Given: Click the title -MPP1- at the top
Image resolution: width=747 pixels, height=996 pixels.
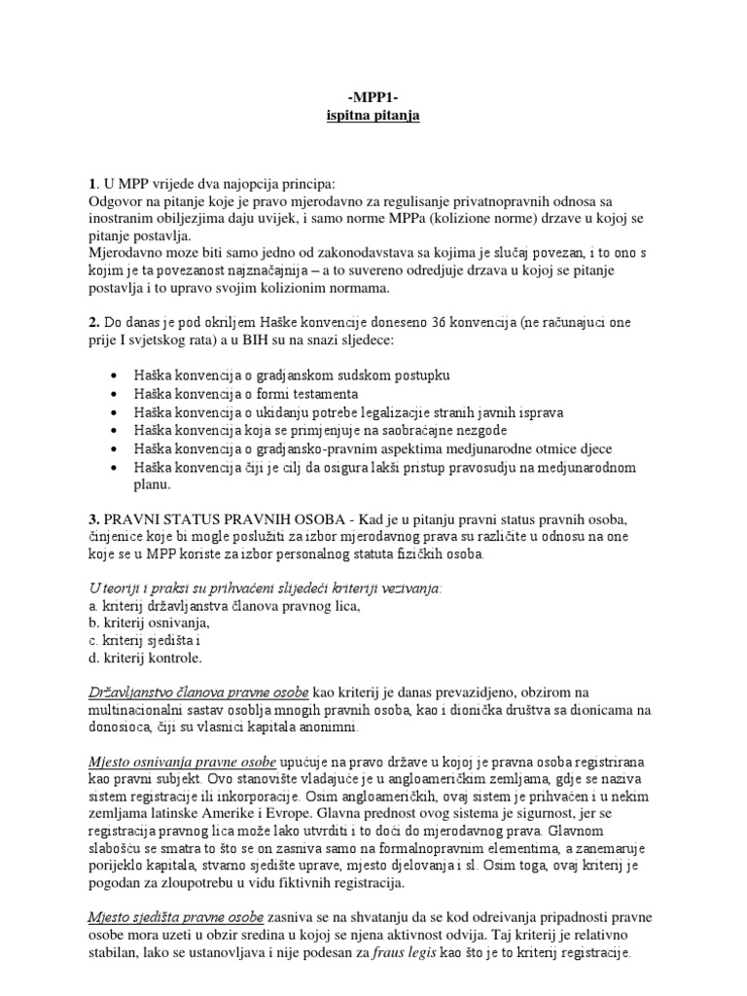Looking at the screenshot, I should click(373, 99).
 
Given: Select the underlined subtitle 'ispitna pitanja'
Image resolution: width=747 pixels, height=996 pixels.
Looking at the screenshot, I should click(373, 117).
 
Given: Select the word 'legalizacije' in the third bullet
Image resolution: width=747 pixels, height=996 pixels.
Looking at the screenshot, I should click(408, 411).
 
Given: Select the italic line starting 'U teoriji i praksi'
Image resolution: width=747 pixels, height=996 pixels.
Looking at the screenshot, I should click(264, 587).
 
